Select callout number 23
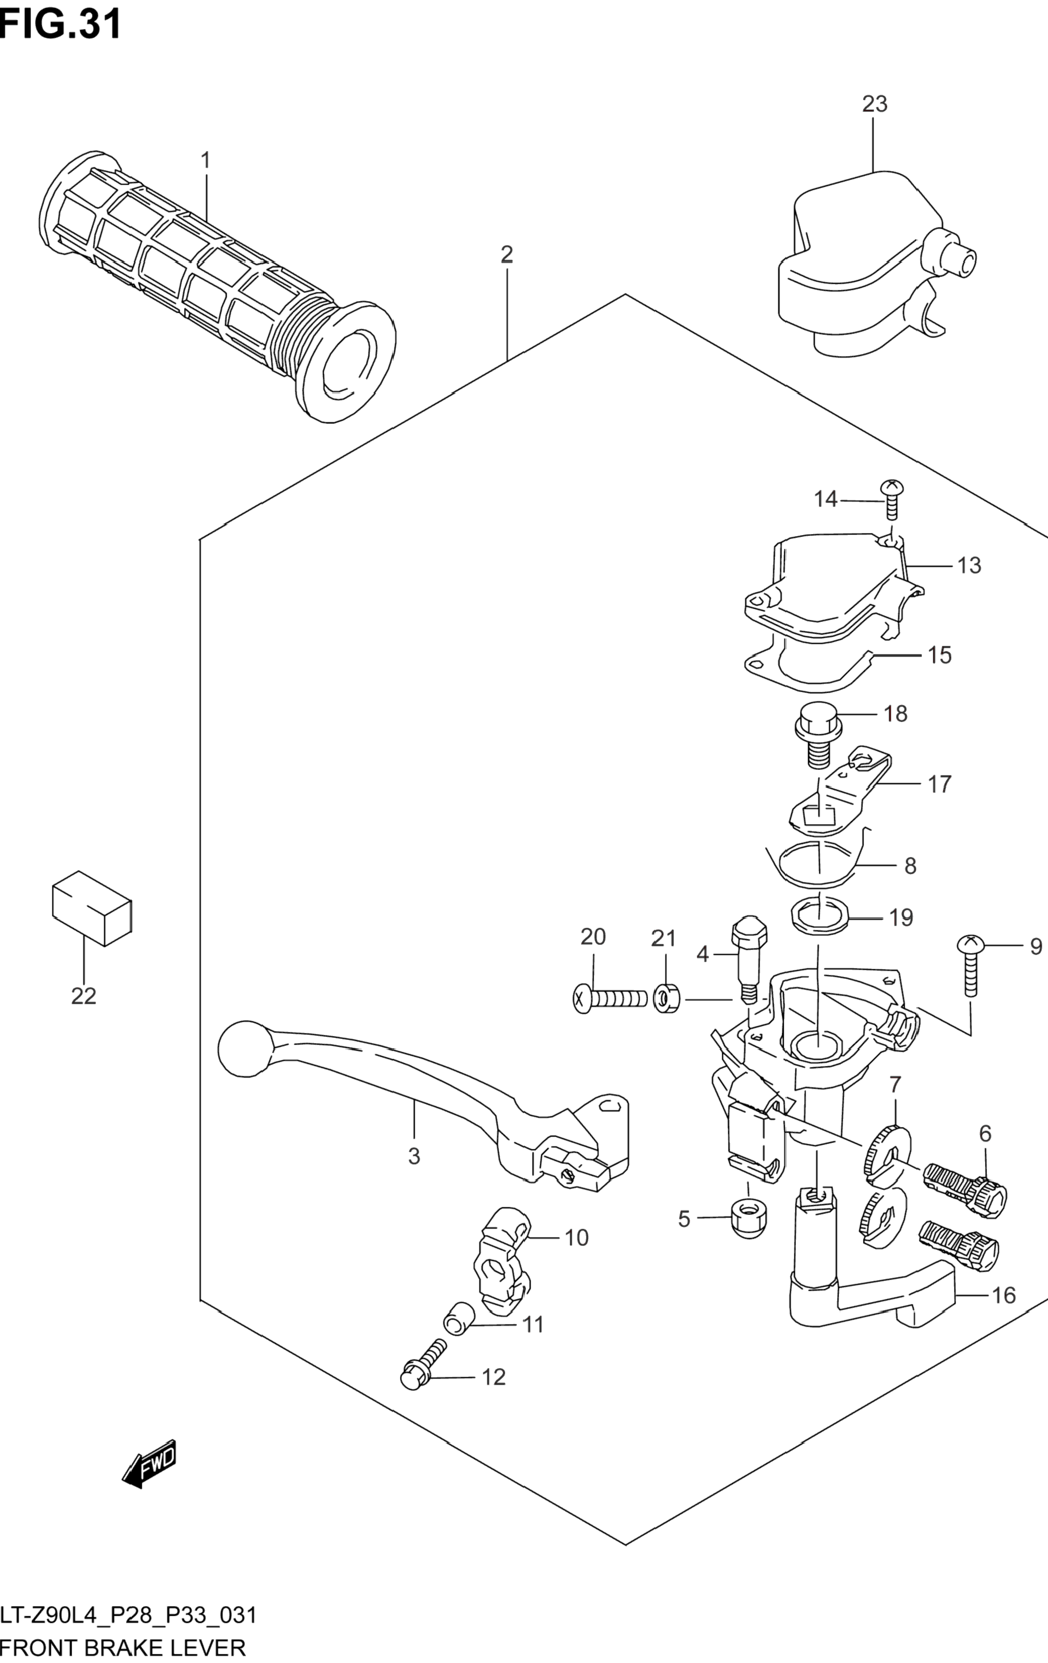point(874,104)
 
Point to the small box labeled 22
point(92,908)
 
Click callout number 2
point(507,255)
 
